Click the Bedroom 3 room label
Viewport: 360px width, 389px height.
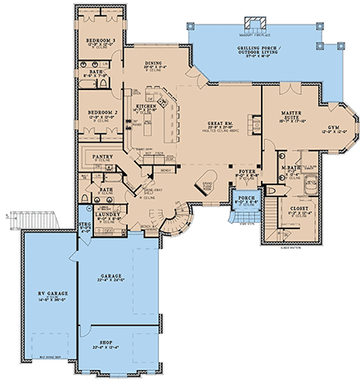[x=102, y=38]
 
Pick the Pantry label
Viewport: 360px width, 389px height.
[x=102, y=155]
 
